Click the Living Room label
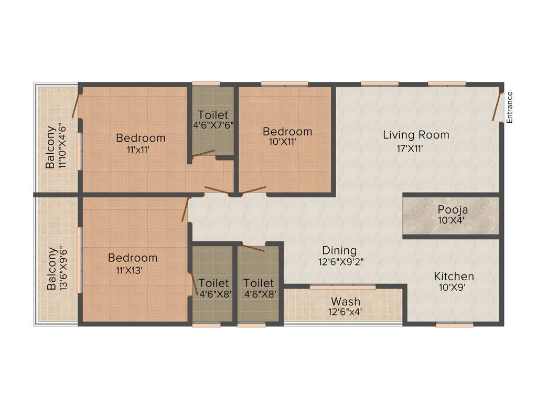click(416, 135)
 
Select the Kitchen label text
click(454, 276)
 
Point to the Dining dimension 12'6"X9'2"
click(339, 261)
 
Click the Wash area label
click(345, 301)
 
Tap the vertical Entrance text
click(510, 108)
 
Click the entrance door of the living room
click(497, 107)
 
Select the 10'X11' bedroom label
click(287, 132)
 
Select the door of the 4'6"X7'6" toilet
click(203, 153)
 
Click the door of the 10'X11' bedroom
click(253, 189)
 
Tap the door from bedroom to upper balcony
click(77, 105)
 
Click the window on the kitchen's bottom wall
click(451, 325)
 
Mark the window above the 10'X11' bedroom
click(284, 83)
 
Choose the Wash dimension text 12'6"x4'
click(345, 313)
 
